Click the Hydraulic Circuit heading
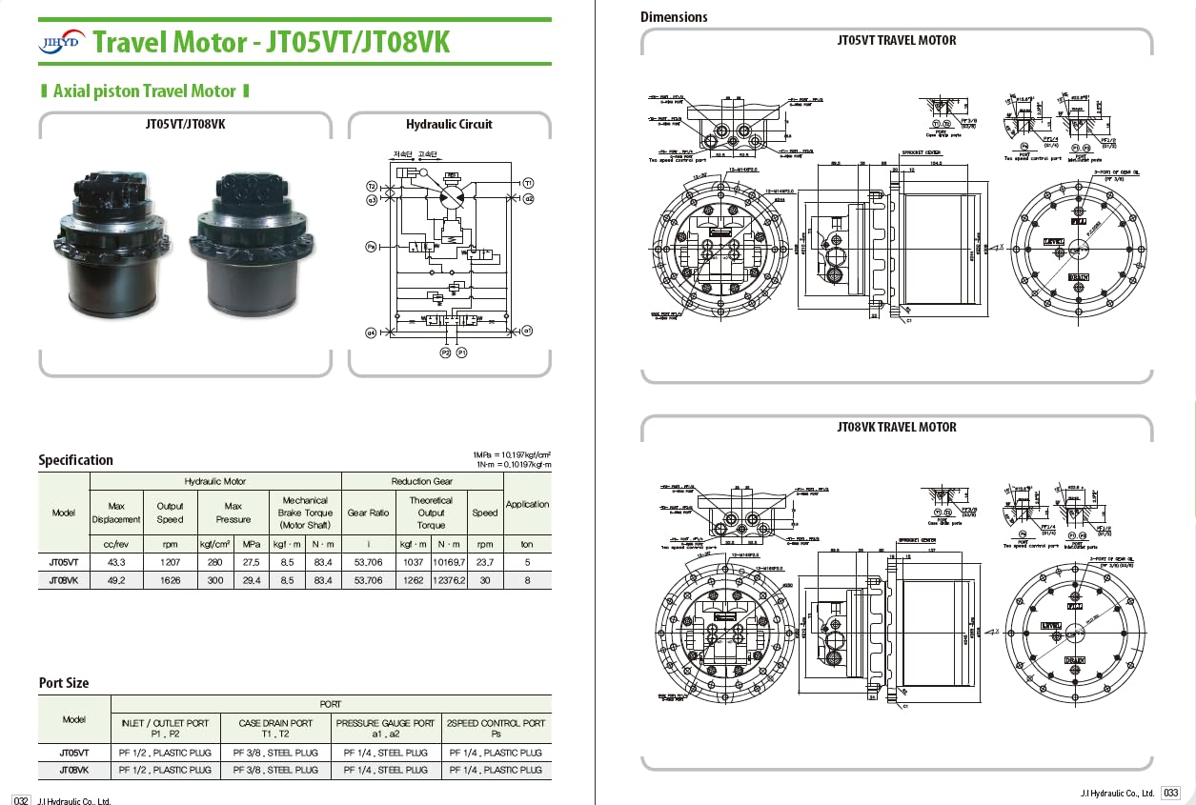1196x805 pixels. [449, 124]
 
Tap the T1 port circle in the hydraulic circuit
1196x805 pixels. [528, 182]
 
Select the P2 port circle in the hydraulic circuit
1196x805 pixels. [444, 352]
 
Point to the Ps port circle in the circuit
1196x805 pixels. [372, 246]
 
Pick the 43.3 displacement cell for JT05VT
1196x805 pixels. [116, 563]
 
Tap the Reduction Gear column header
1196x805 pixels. [421, 482]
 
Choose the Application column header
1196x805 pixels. [527, 504]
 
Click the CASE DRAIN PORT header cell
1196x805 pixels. [275, 729]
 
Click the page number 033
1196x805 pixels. [1171, 793]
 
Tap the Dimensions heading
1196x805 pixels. [674, 16]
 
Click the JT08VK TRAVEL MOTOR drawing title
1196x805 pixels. [896, 428]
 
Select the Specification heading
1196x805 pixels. [75, 460]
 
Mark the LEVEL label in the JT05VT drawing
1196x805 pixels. [1053, 242]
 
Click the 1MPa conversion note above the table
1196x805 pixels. [512, 453]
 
